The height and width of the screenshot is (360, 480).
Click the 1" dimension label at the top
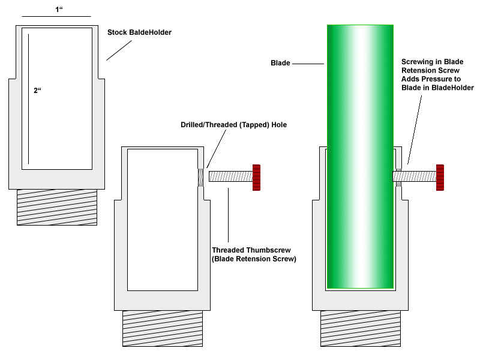(59, 10)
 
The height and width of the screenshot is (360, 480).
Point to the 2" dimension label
(37, 91)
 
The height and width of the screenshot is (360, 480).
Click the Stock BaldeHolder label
(139, 32)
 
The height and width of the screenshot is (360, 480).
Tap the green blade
(361, 157)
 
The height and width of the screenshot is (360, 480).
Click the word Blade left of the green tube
(280, 63)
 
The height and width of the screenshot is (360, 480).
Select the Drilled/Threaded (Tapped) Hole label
(233, 125)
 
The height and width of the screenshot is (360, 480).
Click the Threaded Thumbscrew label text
(254, 254)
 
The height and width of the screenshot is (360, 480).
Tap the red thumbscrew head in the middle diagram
(257, 178)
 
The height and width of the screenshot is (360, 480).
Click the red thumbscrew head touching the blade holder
(440, 178)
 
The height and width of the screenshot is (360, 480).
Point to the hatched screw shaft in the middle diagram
(231, 176)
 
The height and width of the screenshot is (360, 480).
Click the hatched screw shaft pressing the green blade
(415, 176)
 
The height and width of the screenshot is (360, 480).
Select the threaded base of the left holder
(57, 207)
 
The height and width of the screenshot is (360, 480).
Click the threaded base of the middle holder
(163, 328)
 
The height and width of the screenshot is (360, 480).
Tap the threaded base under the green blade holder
(361, 328)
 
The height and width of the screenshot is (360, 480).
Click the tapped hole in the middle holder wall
(200, 178)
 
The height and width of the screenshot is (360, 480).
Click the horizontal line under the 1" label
(56, 16)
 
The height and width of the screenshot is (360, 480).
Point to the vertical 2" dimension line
(28, 99)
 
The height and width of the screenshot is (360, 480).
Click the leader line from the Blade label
(308, 64)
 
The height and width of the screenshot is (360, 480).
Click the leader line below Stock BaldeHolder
(119, 50)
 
